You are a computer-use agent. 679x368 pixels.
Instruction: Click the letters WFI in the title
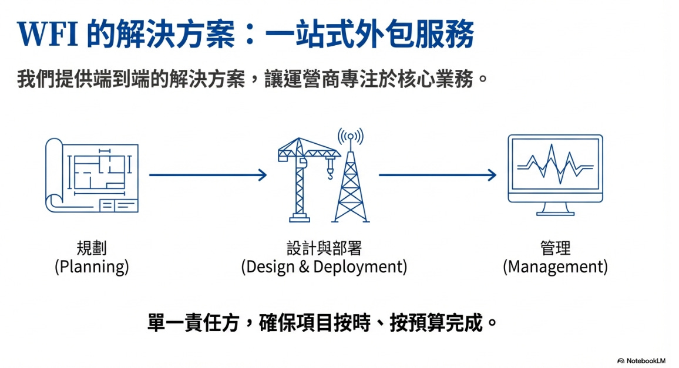pos(48,35)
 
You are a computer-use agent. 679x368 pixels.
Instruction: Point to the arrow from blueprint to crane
pos(208,175)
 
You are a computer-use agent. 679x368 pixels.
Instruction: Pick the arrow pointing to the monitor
pos(438,175)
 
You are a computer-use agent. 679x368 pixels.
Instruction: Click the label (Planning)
pos(92,267)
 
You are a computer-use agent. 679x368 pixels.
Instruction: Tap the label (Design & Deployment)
pos(324,267)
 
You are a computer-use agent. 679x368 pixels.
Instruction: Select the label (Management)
pos(555,267)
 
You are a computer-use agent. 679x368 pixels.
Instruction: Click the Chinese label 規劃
pos(92,248)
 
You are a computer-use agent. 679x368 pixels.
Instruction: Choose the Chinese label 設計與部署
pos(324,248)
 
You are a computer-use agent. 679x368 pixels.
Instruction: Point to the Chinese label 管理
pos(555,248)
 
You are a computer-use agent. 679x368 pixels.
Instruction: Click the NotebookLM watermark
pos(644,360)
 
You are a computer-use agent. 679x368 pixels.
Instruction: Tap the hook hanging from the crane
pos(330,173)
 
